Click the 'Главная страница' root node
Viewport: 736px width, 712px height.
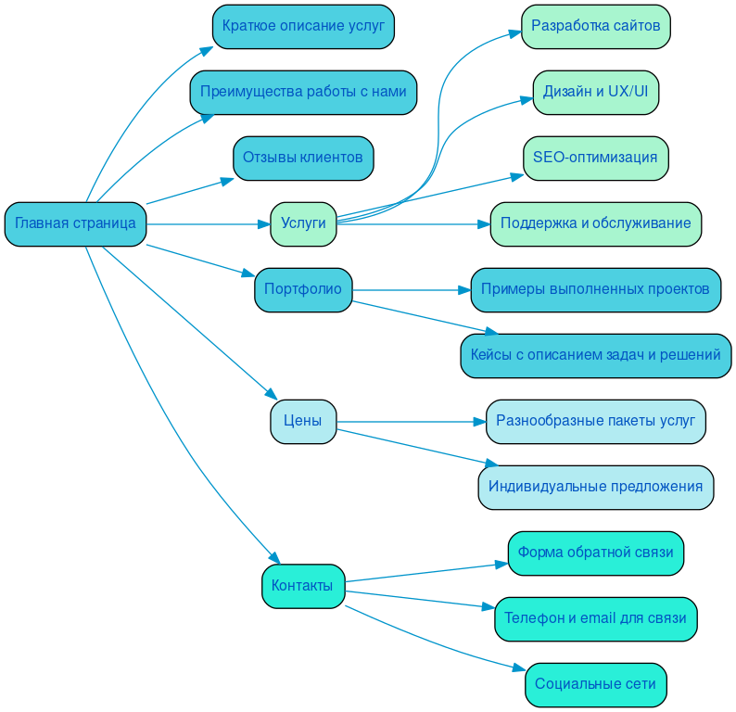tap(75, 223)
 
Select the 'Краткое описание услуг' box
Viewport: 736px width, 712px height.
tap(303, 26)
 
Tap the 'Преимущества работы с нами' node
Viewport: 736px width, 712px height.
tap(303, 93)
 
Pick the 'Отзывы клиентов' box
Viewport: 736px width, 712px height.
tap(303, 159)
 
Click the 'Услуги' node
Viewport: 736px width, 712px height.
tap(303, 223)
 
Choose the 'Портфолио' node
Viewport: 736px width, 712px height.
tap(303, 289)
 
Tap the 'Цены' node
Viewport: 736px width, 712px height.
tap(303, 421)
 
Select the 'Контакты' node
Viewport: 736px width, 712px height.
tap(303, 586)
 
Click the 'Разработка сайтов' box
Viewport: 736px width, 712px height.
tap(595, 26)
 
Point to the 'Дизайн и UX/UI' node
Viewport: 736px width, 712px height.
tap(595, 93)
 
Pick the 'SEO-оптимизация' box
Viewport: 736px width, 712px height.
tap(595, 158)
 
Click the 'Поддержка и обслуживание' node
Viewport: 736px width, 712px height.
tap(595, 223)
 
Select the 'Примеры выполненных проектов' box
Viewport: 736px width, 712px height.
tap(595, 289)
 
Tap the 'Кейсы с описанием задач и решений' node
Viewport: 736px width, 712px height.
tap(595, 355)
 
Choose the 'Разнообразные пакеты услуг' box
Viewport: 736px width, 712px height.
tap(595, 421)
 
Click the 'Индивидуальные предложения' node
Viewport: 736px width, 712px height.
tap(595, 487)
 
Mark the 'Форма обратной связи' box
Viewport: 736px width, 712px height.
tap(595, 553)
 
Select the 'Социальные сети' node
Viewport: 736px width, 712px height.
tap(595, 684)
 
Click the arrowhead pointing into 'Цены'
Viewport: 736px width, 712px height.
tap(272, 395)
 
